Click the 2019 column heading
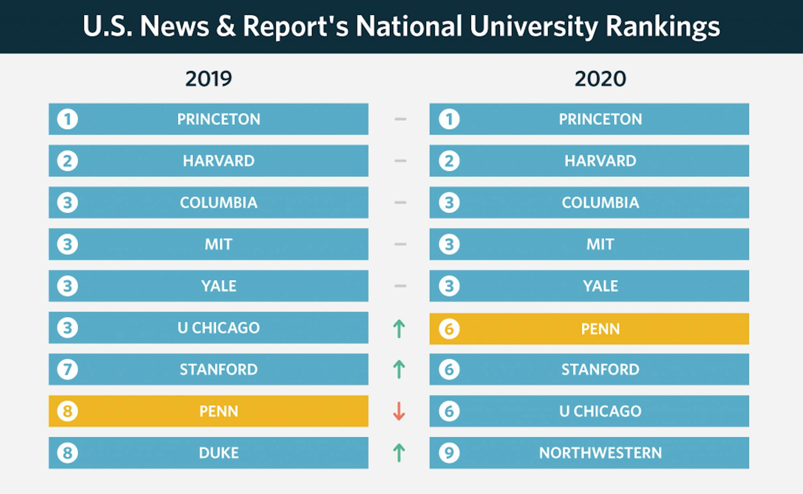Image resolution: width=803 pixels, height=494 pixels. click(x=208, y=79)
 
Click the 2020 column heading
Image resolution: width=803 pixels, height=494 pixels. click(x=600, y=79)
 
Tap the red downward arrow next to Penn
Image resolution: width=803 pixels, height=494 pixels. click(x=399, y=411)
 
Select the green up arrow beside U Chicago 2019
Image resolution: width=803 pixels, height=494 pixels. click(x=399, y=329)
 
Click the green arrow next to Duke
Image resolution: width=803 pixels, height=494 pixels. click(x=399, y=453)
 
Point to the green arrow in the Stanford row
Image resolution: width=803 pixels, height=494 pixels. click(x=399, y=369)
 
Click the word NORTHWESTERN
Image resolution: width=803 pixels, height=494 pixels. click(x=600, y=453)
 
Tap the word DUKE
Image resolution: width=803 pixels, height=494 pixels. click(x=219, y=453)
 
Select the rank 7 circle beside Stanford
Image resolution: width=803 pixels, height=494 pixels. click(x=67, y=369)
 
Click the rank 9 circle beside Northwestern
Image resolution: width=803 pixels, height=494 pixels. click(x=449, y=453)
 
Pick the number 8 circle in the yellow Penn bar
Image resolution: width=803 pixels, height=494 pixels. click(x=67, y=411)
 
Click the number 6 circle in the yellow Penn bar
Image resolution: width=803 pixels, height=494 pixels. click(x=449, y=329)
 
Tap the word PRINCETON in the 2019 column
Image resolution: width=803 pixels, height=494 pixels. click(x=219, y=119)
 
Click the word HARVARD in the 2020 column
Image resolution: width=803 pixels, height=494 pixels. click(x=600, y=161)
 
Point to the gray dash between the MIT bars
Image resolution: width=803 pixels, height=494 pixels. click(x=400, y=244)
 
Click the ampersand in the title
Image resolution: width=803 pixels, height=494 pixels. click(x=226, y=27)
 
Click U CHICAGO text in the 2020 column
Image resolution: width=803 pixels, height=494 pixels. click(x=600, y=411)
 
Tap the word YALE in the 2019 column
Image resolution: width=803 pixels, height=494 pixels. click(x=219, y=286)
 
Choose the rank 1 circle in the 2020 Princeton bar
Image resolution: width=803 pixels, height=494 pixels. click(x=449, y=119)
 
